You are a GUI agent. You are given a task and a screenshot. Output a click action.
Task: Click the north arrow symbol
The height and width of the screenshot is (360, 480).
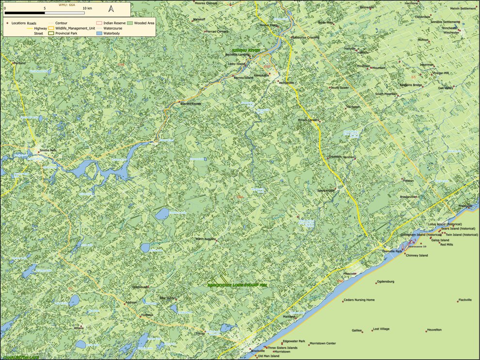click(x=111, y=8)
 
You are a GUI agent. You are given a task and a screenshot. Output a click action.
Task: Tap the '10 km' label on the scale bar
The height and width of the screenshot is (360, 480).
click(x=87, y=9)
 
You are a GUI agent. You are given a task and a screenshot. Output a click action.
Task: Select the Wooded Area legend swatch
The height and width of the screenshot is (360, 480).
click(x=130, y=23)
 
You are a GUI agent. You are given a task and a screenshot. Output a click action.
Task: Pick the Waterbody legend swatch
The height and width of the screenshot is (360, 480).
click(x=99, y=33)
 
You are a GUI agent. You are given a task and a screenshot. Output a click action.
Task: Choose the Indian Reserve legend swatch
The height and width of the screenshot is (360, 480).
click(x=99, y=23)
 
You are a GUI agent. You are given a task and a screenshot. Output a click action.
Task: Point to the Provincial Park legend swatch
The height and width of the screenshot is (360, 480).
click(x=51, y=33)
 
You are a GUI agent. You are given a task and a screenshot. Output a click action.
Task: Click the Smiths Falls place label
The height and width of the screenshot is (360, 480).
click(x=48, y=150)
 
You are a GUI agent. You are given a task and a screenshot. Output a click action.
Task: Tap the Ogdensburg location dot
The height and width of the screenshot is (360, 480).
click(x=376, y=282)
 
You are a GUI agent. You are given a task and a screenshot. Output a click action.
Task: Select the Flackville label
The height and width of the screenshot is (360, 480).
click(x=465, y=300)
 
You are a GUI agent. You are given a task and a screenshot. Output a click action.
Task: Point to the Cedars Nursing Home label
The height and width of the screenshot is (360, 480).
click(x=359, y=300)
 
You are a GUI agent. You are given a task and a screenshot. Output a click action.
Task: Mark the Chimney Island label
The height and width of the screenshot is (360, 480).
click(x=417, y=255)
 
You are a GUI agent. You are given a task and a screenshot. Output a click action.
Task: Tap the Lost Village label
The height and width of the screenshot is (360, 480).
click(x=381, y=329)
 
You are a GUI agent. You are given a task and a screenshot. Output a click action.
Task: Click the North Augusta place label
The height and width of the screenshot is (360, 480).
click(x=205, y=239)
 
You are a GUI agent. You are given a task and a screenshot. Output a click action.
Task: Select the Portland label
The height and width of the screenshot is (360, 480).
click(x=20, y=63)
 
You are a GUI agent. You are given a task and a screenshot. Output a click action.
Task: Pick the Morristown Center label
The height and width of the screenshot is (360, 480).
click(x=323, y=344)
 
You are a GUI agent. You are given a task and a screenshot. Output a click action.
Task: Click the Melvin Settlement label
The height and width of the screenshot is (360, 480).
click(x=464, y=8)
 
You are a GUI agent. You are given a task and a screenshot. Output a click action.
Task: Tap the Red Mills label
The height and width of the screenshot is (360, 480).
click(x=447, y=245)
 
